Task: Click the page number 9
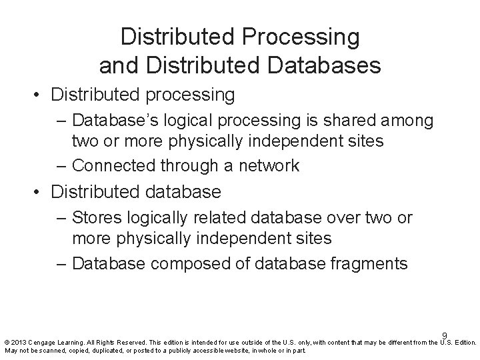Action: click(443, 336)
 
